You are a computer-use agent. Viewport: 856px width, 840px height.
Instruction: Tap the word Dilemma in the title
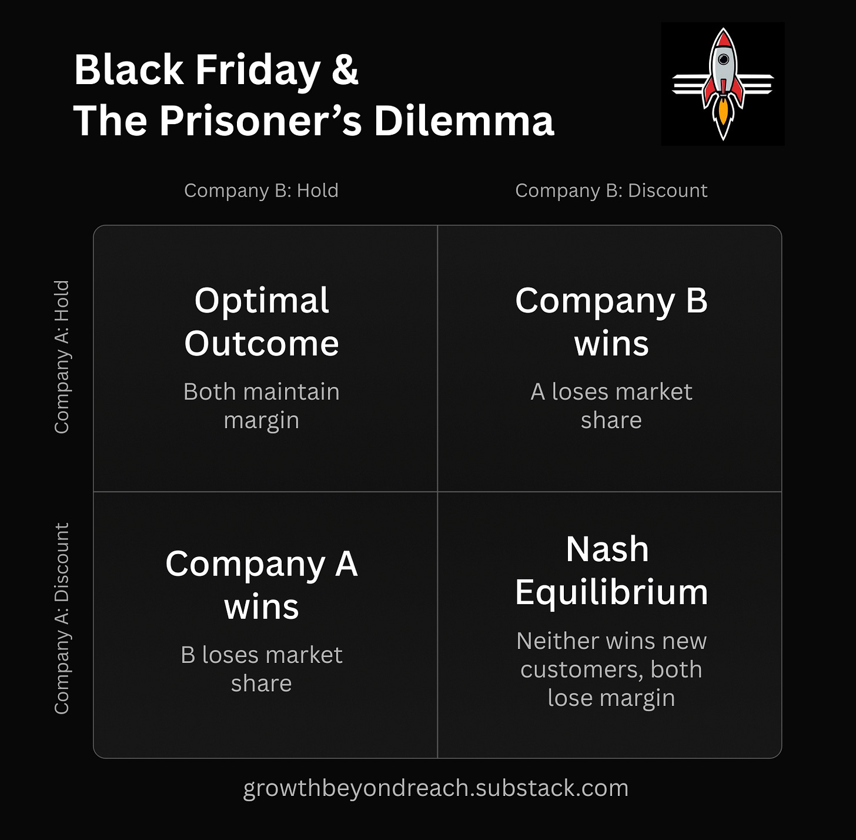click(464, 121)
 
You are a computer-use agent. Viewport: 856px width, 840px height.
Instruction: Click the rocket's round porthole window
click(724, 59)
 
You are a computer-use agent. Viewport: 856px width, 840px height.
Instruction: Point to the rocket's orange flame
click(723, 115)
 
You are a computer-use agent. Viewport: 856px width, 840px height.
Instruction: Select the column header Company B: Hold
click(261, 191)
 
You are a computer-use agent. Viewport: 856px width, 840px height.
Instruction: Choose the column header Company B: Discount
click(611, 191)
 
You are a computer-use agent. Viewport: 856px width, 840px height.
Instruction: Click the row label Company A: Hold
click(62, 357)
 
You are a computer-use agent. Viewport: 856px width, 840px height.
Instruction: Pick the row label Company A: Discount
click(62, 618)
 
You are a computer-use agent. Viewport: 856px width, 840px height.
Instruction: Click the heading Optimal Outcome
click(262, 322)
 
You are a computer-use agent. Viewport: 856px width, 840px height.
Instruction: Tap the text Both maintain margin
click(262, 406)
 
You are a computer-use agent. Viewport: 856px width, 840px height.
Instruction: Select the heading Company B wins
click(611, 322)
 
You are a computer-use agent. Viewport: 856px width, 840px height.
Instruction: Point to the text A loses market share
click(611, 406)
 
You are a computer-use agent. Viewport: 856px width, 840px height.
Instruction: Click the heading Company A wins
click(262, 585)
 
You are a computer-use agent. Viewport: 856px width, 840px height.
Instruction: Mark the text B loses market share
click(262, 669)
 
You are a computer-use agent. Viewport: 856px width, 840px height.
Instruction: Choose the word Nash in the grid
click(607, 549)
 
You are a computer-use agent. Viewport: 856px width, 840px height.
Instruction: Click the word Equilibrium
click(611, 592)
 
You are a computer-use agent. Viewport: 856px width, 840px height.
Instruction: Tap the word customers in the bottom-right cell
click(574, 669)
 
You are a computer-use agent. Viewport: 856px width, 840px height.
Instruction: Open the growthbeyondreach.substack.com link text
click(436, 788)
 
